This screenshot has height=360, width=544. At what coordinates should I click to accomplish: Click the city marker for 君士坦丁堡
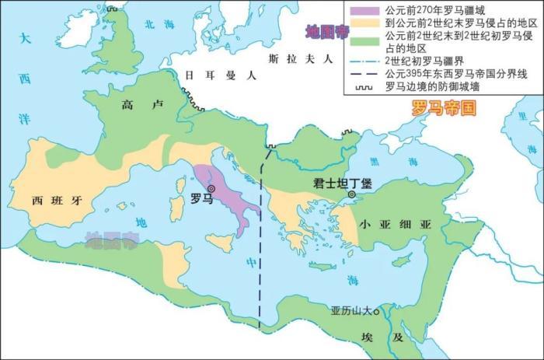[353, 194]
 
